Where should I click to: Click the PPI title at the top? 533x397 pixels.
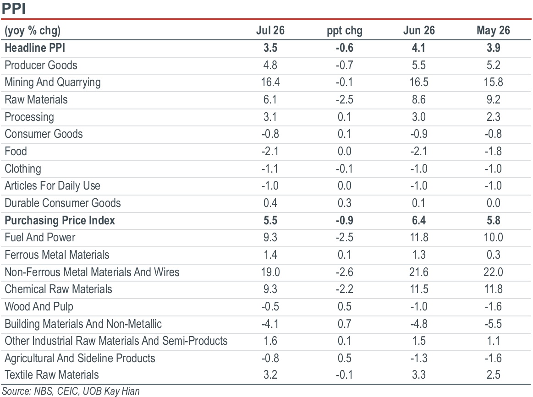[14, 8]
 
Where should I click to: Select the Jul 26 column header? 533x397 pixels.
[270, 31]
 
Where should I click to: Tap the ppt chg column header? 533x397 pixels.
[345, 31]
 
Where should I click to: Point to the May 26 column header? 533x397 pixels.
[493, 31]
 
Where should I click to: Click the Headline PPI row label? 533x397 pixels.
[35, 48]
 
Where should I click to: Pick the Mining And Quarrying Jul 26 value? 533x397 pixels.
[270, 82]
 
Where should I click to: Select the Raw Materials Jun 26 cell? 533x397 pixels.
[419, 99]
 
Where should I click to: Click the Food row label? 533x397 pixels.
[16, 151]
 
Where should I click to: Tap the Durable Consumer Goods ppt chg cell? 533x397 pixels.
[344, 203]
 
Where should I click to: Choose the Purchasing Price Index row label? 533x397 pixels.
[60, 220]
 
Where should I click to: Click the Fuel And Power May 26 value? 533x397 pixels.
[493, 237]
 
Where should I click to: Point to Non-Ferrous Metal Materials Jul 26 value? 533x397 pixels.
[270, 272]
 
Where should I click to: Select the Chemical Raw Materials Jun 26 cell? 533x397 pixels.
[419, 289]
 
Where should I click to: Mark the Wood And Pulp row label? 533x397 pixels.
[39, 307]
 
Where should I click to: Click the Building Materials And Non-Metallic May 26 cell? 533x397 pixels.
[493, 324]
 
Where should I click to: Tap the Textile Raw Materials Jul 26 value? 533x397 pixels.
[270, 375]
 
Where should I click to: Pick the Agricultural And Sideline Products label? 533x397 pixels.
[80, 358]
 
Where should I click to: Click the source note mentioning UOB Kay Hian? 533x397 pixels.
[71, 391]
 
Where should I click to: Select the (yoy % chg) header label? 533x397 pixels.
[33, 31]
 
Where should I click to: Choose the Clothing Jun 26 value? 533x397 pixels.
[419, 169]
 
